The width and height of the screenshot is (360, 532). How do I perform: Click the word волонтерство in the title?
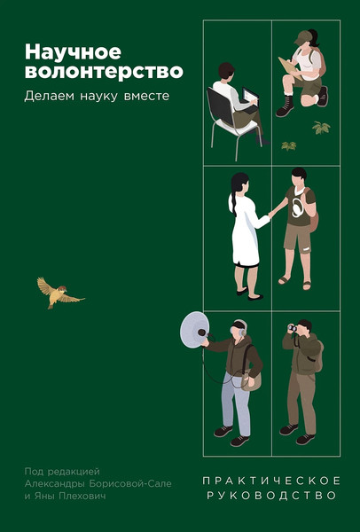(x=91, y=71)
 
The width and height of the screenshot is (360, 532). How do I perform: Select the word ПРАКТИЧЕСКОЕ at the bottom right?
(x=271, y=480)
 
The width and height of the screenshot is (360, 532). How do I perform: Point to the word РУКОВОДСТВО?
(x=271, y=497)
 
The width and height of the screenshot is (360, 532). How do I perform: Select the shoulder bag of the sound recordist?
(x=251, y=379)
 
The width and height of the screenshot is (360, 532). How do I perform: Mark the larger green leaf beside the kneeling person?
(x=321, y=128)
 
